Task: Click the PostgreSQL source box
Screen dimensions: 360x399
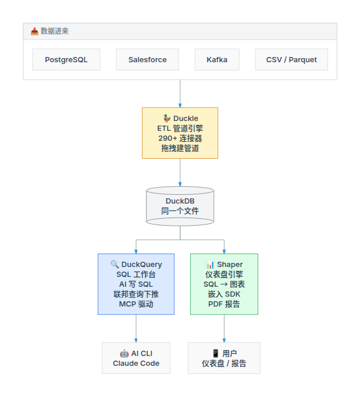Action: coord(66,59)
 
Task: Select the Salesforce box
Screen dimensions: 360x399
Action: coord(148,59)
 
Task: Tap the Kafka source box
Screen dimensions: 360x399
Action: coord(217,59)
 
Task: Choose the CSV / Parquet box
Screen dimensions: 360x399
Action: coord(291,59)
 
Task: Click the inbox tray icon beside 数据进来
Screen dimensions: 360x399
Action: coord(34,31)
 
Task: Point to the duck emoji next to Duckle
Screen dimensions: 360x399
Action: coord(167,118)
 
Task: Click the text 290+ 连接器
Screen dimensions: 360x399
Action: coord(180,138)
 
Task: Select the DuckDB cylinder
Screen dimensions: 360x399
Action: coord(180,206)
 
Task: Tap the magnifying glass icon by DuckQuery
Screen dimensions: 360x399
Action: coord(115,265)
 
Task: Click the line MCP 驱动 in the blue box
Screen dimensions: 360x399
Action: coord(136,304)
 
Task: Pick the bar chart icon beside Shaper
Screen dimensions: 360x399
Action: coord(210,265)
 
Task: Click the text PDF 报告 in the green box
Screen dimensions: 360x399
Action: coord(224,304)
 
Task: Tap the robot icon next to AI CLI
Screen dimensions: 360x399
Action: coord(124,354)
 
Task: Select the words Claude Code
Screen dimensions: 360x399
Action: coord(136,364)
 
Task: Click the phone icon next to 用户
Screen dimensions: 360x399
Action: coord(216,354)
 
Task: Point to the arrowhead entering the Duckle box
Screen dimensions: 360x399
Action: coord(180,106)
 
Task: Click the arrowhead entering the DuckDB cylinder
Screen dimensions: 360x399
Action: coord(180,184)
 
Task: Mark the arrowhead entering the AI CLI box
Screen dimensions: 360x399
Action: coord(136,340)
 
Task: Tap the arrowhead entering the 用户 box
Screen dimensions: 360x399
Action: coord(224,340)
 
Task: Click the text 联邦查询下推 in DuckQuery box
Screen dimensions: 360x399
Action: coord(136,294)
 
